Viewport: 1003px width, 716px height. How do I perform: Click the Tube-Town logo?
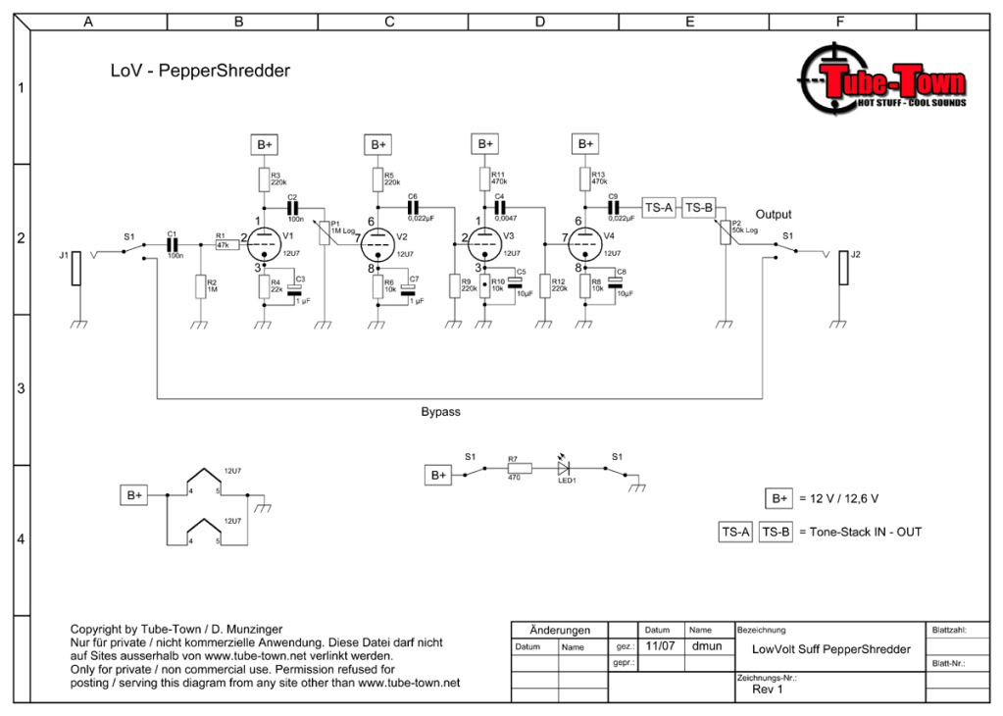click(x=882, y=83)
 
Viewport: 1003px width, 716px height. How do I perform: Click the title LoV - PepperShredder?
click(x=200, y=71)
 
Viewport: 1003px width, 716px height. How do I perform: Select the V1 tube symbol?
click(x=263, y=241)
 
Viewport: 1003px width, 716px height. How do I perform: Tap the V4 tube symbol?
click(x=585, y=241)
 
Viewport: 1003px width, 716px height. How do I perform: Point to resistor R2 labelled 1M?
click(x=199, y=286)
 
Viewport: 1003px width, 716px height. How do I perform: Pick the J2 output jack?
click(x=842, y=269)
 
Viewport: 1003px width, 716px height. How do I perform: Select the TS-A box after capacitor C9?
click(x=658, y=207)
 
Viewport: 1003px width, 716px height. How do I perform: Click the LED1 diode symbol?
click(x=564, y=469)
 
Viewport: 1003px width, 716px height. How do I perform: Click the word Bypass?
click(x=440, y=412)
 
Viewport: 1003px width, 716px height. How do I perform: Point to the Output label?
click(x=773, y=215)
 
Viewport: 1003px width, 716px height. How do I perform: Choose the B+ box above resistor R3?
click(x=264, y=144)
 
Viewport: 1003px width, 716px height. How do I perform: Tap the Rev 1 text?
click(x=767, y=688)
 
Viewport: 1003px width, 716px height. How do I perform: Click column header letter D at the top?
click(x=540, y=22)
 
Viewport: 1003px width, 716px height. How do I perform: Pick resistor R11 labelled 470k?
click(x=484, y=178)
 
